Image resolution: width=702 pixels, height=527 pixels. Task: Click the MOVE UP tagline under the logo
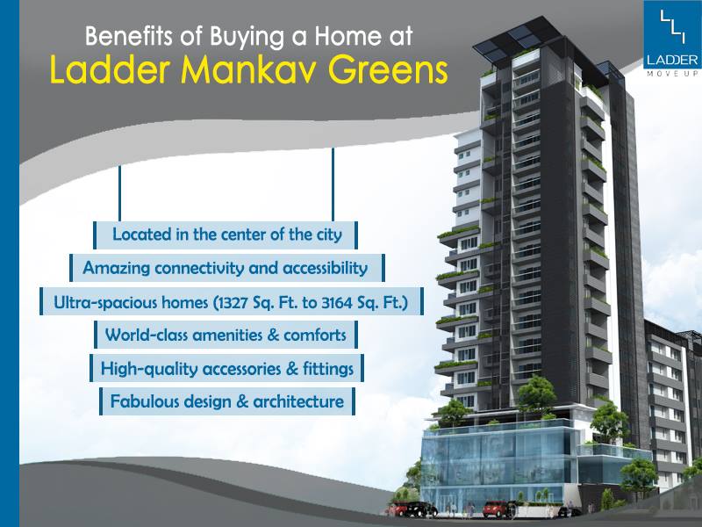673,73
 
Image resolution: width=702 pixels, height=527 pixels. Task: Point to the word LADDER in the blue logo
673,60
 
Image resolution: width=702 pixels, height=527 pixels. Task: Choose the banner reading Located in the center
226,235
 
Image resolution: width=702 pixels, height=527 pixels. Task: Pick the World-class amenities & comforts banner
226,335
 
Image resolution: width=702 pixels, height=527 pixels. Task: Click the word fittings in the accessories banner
326,368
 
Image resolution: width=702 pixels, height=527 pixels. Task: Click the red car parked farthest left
401,509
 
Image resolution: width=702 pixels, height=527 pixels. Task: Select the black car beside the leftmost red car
425,509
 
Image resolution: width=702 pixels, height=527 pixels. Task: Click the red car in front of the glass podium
497,509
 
